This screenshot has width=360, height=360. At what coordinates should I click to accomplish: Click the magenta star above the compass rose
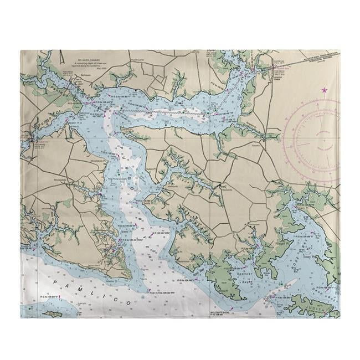324,90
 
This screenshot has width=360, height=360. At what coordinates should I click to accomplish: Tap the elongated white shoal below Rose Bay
287,287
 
